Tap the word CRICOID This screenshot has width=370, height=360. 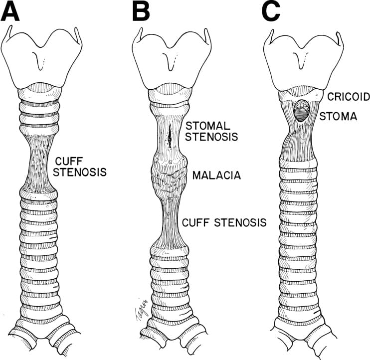click(349, 97)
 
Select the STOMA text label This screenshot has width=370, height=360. click(338, 116)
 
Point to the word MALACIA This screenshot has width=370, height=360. click(216, 176)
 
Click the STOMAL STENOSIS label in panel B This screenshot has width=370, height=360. click(211, 131)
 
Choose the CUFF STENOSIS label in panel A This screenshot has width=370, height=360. click(80, 167)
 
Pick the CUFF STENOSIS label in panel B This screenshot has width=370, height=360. click(224, 222)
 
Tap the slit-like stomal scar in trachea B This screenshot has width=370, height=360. click(170, 136)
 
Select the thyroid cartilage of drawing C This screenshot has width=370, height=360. click(303, 60)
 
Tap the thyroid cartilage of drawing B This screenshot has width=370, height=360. click(172, 59)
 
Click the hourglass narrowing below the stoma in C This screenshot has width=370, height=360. click(298, 139)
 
